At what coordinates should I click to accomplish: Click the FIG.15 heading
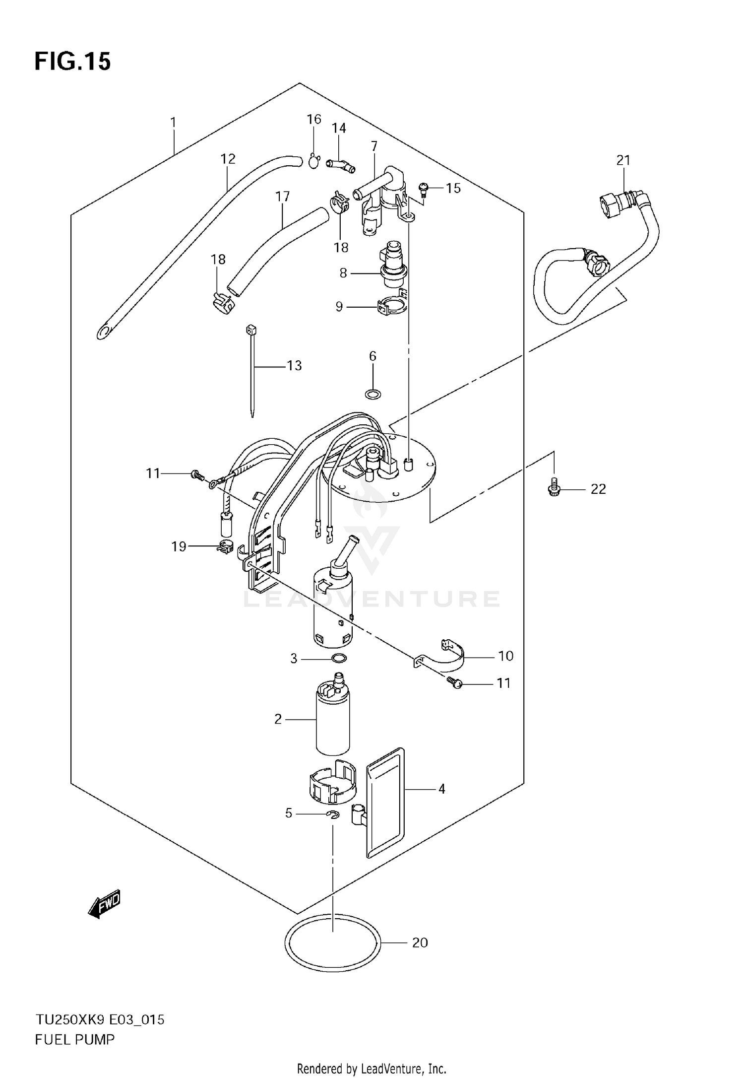coord(72,62)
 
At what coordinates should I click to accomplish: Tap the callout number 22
coord(598,489)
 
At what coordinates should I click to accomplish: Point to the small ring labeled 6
coord(373,395)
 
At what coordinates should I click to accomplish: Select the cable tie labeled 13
coord(252,370)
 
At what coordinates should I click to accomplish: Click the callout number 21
coord(623,160)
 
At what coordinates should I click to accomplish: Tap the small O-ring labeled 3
coord(339,659)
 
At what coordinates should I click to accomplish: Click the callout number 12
coord(228,159)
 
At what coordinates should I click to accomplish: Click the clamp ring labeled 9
coord(393,306)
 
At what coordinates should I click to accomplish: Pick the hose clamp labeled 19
coord(225,547)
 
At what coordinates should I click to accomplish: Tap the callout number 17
coord(282,197)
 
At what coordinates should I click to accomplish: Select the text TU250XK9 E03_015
coord(99,1020)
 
